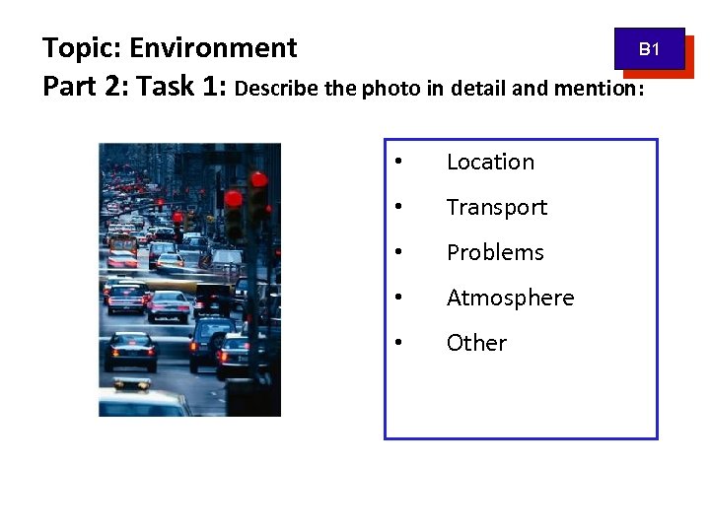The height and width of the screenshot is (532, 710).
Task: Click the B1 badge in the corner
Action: point(649,48)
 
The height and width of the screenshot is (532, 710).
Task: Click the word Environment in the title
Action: point(213,48)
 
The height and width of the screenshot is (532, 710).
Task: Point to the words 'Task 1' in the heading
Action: point(182,88)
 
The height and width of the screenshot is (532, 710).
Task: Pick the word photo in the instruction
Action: point(392,89)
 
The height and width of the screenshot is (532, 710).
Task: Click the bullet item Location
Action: point(490,163)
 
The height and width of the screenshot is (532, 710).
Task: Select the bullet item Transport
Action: point(496,208)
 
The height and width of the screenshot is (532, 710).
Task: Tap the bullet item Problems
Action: point(495,253)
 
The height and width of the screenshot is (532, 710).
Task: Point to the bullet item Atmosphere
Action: point(510,299)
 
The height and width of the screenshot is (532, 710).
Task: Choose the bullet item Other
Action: point(476,344)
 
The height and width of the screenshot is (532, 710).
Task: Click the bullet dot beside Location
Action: point(397,163)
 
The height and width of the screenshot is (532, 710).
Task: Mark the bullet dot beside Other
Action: point(397,344)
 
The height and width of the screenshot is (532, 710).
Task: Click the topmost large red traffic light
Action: point(258,179)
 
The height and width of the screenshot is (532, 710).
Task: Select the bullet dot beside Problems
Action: point(397,253)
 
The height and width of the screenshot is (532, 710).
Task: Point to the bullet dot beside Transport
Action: point(397,208)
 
